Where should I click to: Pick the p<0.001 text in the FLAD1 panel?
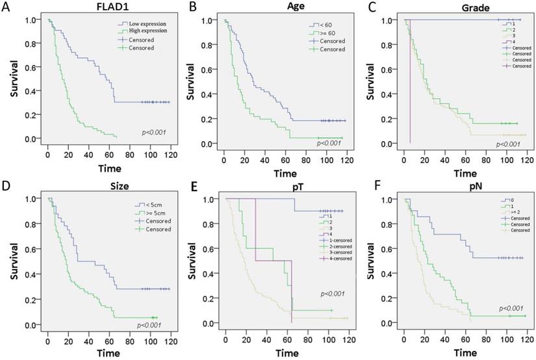pos(154,133)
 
